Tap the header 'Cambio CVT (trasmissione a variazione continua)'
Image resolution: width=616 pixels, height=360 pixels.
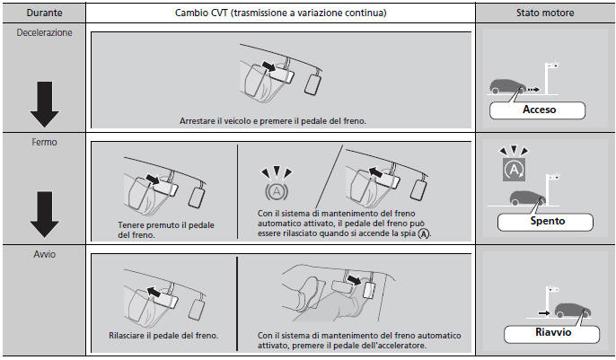pyautogui.click(x=279, y=13)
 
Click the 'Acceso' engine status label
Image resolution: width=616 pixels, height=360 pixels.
pyautogui.click(x=539, y=110)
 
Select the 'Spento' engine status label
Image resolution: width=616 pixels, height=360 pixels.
pyautogui.click(x=537, y=219)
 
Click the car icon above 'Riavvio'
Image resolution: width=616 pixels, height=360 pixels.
pyautogui.click(x=571, y=312)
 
